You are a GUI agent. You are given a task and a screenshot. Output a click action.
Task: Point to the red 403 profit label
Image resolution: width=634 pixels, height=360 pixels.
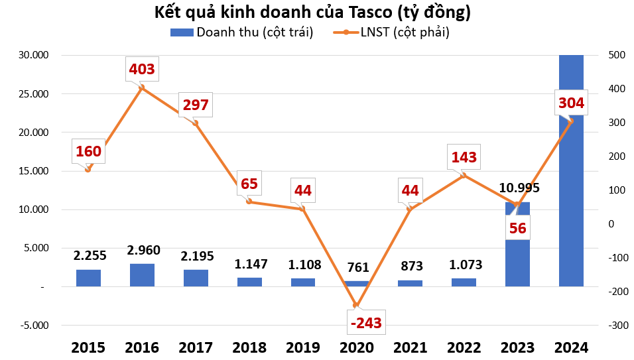click(142, 68)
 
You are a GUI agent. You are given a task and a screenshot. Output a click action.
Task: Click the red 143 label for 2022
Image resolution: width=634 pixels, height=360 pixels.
click(464, 157)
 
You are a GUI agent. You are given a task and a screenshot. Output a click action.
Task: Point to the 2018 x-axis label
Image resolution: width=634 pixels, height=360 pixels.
click(249, 347)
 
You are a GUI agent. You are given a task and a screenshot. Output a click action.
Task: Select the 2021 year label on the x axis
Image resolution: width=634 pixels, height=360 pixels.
click(410, 347)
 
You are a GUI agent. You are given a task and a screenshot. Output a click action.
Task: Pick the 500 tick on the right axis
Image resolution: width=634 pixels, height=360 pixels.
click(615, 55)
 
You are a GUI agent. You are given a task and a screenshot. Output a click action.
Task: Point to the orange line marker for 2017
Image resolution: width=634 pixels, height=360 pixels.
click(195, 123)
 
